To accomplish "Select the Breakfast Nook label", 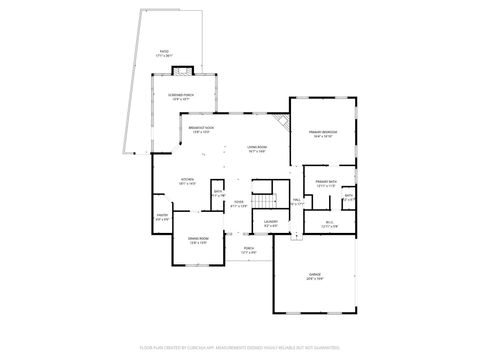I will click(x=202, y=130).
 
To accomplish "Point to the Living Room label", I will click(x=257, y=150).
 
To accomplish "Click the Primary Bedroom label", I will click(x=322, y=133).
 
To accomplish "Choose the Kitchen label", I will click(x=187, y=183).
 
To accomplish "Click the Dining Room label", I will click(x=198, y=240).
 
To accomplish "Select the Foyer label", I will click(x=239, y=204).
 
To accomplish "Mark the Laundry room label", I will click(x=270, y=224).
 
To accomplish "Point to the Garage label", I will click(x=315, y=277).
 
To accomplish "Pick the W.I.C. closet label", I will click(x=329, y=224).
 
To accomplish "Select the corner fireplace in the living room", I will click(x=283, y=121).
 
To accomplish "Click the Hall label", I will click(x=296, y=202).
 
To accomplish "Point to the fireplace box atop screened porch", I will click(x=181, y=71).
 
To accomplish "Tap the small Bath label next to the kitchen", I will click(x=219, y=193).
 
